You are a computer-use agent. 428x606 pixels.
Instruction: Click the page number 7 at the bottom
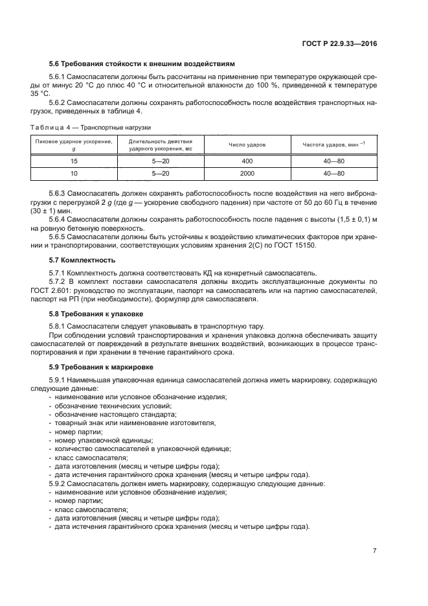pos(374,550)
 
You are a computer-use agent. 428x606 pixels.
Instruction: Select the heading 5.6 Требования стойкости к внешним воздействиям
pos(142,63)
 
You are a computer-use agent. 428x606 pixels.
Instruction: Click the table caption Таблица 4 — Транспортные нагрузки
pos(101,127)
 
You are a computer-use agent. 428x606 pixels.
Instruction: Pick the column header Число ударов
pos(247,145)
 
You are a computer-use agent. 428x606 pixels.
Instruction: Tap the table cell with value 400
pos(247,160)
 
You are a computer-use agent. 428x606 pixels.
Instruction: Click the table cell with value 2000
pos(247,174)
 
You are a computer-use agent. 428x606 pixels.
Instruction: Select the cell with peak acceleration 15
pos(74,160)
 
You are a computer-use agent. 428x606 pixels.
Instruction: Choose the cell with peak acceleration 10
pos(74,174)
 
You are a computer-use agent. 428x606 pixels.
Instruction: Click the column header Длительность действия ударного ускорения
pos(161,144)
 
